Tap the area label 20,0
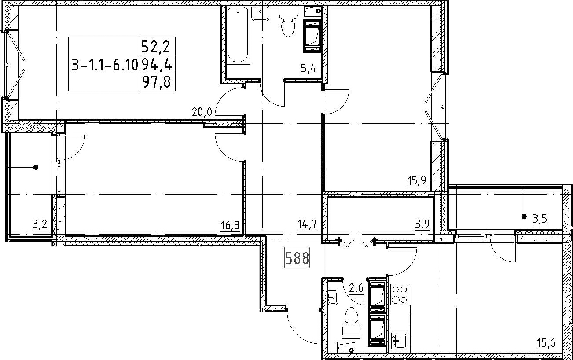pos(202,112)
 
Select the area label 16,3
pos(231,225)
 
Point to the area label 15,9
pos(417,180)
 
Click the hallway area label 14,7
pos(308,224)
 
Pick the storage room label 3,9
pos(422,224)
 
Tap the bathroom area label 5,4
pos(309,69)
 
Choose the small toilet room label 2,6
pos(356,288)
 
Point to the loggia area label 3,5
pos(540,219)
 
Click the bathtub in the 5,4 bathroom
pos(238,36)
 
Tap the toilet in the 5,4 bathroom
pos(288,22)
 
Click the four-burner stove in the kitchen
pos(400,294)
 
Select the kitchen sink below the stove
pos(399,341)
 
